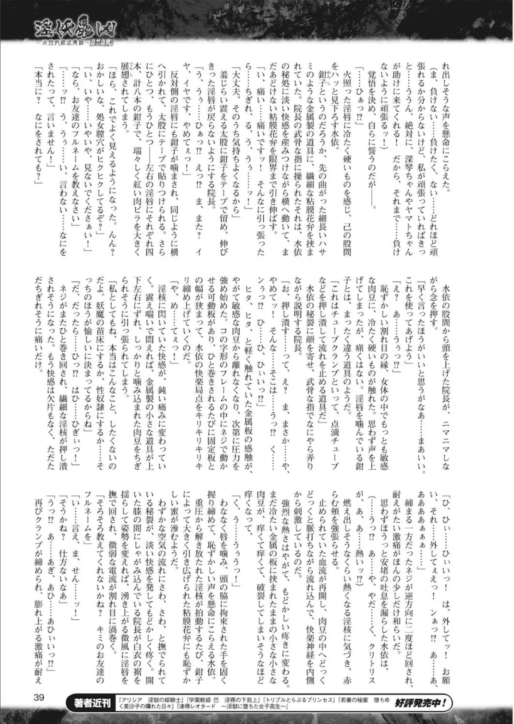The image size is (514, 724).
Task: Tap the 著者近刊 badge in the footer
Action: [91, 704]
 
